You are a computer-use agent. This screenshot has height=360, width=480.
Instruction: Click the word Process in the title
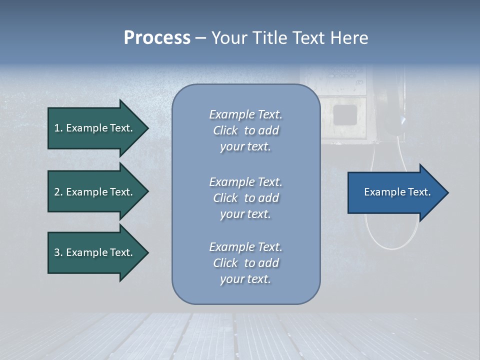point(157,38)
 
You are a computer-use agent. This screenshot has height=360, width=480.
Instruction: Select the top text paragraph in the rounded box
point(245,130)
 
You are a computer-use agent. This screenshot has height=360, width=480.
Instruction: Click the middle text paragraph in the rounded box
point(245,198)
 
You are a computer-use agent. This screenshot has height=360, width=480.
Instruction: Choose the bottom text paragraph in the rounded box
point(245,263)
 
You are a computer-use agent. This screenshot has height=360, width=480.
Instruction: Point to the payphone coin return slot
point(345,115)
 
